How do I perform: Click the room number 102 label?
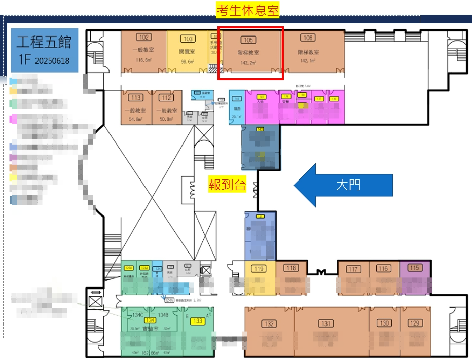pyautogui.click(x=144, y=37)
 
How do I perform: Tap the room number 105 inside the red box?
pyautogui.click(x=248, y=40)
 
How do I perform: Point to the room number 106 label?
pyautogui.click(x=308, y=38)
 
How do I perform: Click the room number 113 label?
pyautogui.click(x=136, y=98)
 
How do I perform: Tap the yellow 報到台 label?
pyautogui.click(x=227, y=185)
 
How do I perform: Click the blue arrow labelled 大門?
pyautogui.click(x=343, y=185)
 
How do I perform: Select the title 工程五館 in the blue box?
pyautogui.click(x=44, y=42)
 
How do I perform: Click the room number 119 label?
pyautogui.click(x=260, y=269)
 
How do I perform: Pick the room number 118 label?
pyautogui.click(x=291, y=268)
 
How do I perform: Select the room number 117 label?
pyautogui.click(x=353, y=269)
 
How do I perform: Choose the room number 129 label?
pyautogui.click(x=415, y=323)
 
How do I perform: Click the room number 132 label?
pyautogui.click(x=269, y=325)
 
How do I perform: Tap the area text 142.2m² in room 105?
pyautogui.click(x=248, y=63)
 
